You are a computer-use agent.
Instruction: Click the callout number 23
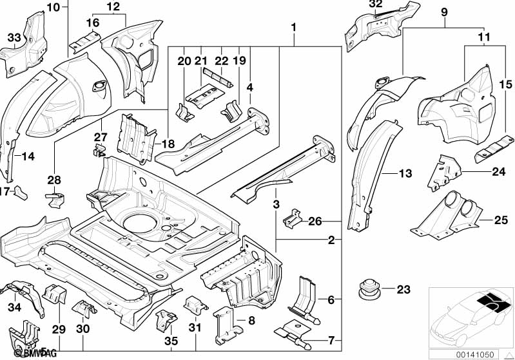click(x=403, y=290)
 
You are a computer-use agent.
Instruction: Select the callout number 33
click(x=14, y=38)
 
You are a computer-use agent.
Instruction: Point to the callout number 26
click(x=315, y=222)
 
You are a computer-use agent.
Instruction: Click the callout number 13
click(x=405, y=173)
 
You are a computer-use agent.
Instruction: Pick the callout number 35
click(x=170, y=341)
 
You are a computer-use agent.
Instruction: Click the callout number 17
click(x=5, y=191)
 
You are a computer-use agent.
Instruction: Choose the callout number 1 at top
click(x=293, y=28)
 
